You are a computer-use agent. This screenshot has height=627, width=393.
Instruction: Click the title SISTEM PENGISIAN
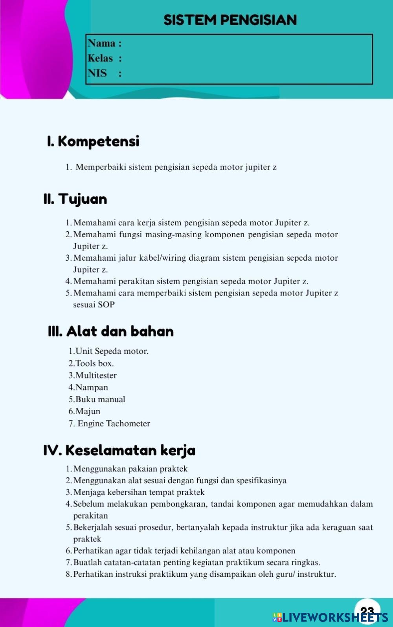[x=230, y=20]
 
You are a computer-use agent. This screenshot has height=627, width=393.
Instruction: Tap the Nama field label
[x=102, y=43]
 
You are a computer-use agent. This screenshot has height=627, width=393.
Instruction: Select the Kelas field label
[x=101, y=58]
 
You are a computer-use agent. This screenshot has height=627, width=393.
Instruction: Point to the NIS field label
[x=97, y=73]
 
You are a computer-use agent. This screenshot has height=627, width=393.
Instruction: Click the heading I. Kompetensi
[x=93, y=141]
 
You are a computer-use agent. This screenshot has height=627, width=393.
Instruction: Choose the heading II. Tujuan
[x=75, y=199]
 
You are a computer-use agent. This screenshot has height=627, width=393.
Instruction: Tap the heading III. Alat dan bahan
[x=111, y=331]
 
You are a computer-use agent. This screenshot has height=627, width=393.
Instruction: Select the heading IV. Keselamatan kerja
[x=119, y=450]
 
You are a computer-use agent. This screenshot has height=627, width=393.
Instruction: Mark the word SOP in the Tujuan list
[x=106, y=305]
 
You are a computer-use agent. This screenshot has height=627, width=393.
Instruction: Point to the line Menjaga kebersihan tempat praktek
[x=139, y=492]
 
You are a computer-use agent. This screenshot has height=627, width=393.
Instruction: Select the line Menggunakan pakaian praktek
[x=130, y=469]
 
